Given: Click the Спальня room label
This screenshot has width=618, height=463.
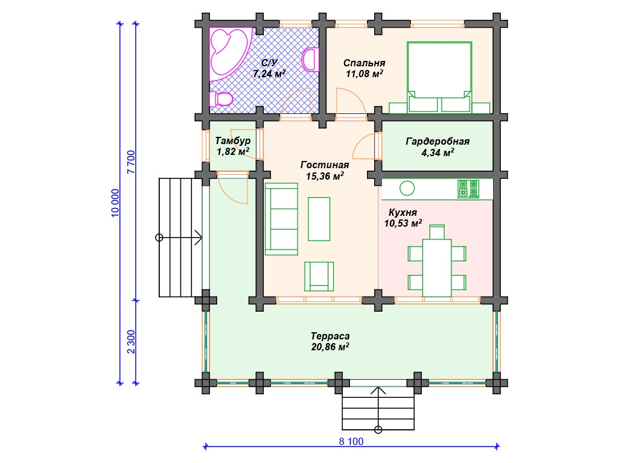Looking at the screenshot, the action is (364, 63).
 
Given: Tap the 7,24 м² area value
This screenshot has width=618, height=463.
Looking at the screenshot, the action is (269, 74).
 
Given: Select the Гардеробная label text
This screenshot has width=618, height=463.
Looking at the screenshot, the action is (438, 141).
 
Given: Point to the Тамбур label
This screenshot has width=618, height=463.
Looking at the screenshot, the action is (233, 140).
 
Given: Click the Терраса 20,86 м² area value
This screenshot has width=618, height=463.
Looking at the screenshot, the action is (330, 347).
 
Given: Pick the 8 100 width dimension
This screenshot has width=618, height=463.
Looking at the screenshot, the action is (351, 441).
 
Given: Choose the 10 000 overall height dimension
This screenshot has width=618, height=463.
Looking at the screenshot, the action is (115, 203).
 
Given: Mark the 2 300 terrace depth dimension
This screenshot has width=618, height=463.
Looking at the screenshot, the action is (131, 342).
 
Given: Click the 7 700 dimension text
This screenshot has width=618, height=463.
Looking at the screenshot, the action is (131, 162).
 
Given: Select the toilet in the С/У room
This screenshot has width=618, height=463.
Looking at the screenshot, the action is (221, 99).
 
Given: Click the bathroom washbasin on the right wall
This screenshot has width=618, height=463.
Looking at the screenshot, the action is (311, 60).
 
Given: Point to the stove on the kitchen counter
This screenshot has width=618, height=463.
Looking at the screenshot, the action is (468, 189).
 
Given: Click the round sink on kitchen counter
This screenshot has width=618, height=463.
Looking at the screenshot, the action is (407, 188).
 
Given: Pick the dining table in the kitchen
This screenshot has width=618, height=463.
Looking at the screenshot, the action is (437, 268).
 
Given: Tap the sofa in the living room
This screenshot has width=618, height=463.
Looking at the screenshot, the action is (281, 219).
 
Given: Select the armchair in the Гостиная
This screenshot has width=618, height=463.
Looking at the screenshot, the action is (319, 276).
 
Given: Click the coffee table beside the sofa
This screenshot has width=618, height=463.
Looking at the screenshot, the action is (319, 219).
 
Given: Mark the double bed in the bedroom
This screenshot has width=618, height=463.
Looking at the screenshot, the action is (439, 77).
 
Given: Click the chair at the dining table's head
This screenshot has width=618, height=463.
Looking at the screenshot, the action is (437, 232).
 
